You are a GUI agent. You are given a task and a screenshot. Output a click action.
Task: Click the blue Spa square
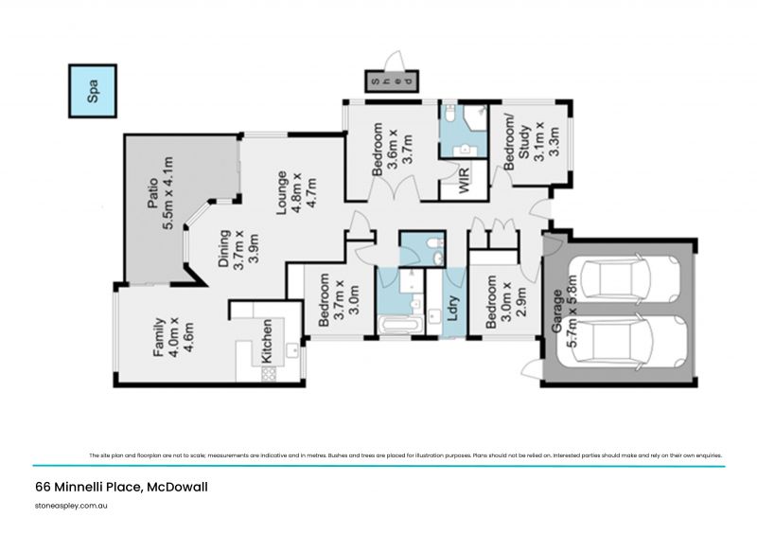[93, 90]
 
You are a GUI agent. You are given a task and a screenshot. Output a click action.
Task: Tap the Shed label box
[391, 81]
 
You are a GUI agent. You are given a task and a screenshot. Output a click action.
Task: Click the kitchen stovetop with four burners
[268, 373]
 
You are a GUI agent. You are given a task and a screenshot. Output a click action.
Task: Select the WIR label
[464, 181]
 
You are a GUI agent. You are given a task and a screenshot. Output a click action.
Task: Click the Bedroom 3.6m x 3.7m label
[392, 150]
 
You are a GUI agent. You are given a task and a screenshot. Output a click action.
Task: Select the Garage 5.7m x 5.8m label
[564, 317]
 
